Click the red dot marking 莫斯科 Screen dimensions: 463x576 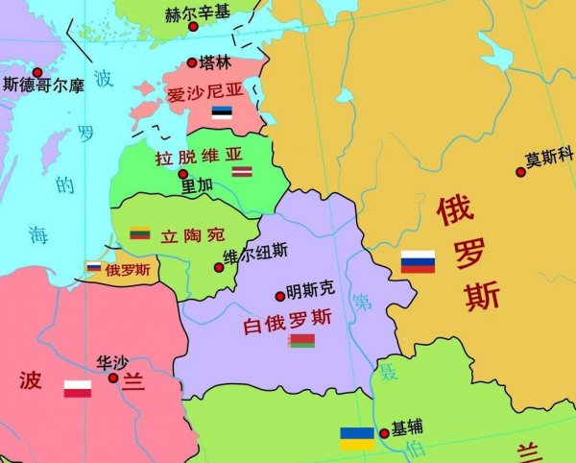pos(521,171)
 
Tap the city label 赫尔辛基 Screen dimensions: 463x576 pos(199,15)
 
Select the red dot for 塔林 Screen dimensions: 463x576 pos(191,63)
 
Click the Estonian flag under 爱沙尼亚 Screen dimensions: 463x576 pos(222,112)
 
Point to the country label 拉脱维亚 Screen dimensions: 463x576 pos(198,154)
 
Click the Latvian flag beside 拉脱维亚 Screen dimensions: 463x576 pos(242,171)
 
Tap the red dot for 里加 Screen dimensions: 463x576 pos(183,174)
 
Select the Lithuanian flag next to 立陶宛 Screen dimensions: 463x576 pos(140,233)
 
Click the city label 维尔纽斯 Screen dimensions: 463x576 pos(254,253)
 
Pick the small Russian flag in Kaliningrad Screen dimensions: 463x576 pos(94,267)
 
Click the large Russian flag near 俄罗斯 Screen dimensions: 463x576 pos(418,260)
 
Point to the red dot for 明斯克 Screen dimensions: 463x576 pos(279,296)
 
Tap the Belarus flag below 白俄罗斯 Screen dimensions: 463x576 pos(300,340)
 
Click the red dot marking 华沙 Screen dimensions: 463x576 pos(113,378)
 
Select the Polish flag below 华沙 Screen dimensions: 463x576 pos(78,389)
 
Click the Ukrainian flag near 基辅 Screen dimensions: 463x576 pos(358,438)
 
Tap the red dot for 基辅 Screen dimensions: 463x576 pos(384,433)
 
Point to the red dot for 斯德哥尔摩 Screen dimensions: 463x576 pos(37,72)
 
